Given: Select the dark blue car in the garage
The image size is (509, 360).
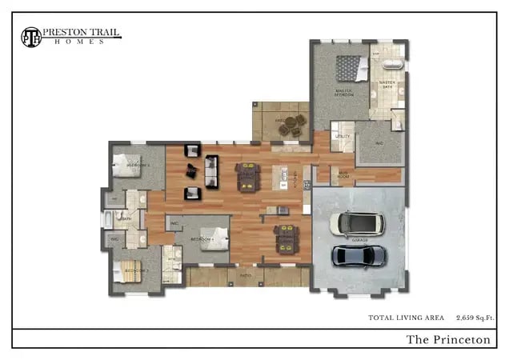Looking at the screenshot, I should [x=359, y=256].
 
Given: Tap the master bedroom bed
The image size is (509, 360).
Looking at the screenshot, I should [x=348, y=67].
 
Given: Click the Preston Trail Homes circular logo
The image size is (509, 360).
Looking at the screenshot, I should [x=30, y=36].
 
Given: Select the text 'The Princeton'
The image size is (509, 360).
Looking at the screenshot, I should [x=448, y=339].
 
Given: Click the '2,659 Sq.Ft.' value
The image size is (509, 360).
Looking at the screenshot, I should [x=475, y=318].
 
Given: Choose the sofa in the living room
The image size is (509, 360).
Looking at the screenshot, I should [x=211, y=170].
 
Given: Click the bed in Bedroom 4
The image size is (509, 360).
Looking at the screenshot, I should [x=213, y=238].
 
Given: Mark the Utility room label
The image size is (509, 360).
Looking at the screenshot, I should [x=343, y=137].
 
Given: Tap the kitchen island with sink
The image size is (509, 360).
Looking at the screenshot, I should [x=281, y=177].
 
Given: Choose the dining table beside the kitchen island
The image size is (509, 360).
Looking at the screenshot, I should [x=246, y=176].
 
